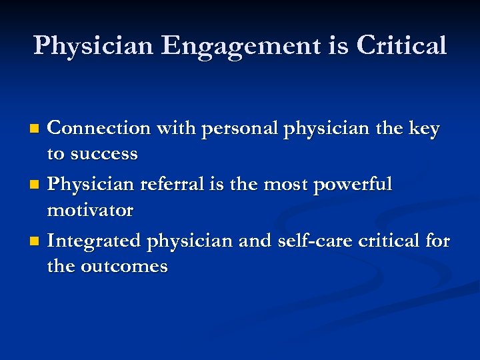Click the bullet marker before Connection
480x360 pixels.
pyautogui.click(x=37, y=127)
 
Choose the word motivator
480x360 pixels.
pyautogui.click(x=90, y=211)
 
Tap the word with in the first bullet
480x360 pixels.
pyautogui.click(x=173, y=127)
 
